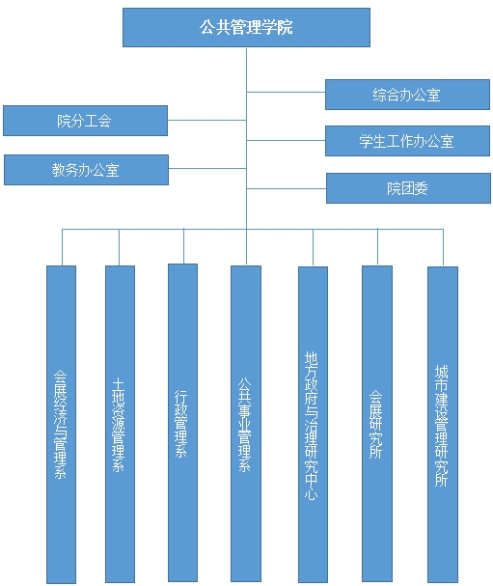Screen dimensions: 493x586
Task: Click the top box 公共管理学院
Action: [x=246, y=27]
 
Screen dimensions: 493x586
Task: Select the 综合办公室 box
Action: [x=407, y=95]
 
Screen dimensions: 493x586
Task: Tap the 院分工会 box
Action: [x=85, y=121]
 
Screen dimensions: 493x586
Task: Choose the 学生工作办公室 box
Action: [x=407, y=141]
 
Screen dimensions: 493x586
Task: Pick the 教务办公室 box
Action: [x=86, y=170]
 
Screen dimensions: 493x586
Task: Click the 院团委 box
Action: [x=408, y=188]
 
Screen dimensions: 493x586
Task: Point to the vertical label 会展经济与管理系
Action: [x=60, y=424]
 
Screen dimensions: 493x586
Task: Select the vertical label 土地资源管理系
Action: [x=119, y=425]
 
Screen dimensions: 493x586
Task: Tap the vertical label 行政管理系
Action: [x=181, y=424]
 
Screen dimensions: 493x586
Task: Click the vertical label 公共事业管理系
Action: [x=245, y=425]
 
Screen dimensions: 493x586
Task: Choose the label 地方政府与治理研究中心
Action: [x=312, y=426]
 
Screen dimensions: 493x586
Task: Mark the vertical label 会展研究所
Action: [x=375, y=424]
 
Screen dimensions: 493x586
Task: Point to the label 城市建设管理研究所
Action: [x=442, y=426]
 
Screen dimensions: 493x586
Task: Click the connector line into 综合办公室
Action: [x=286, y=92]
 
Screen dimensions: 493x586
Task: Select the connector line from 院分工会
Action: [x=206, y=120]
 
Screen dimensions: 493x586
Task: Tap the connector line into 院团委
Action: [x=287, y=188]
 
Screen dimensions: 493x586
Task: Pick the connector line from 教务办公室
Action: [x=207, y=169]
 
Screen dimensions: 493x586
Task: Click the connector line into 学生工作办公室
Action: [x=286, y=141]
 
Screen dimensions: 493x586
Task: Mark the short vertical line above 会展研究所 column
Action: [x=377, y=247]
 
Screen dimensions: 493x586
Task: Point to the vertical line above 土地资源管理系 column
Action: [x=119, y=247]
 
